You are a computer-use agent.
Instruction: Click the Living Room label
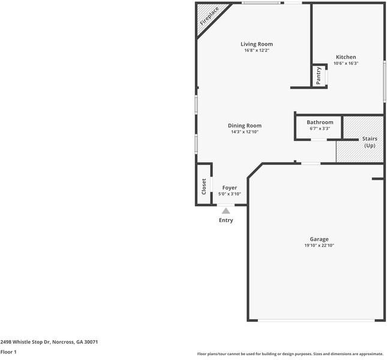[x=257, y=44]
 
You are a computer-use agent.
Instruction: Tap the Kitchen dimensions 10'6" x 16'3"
[x=346, y=63]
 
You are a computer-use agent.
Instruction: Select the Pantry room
[x=319, y=76]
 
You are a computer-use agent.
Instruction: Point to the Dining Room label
[x=245, y=125]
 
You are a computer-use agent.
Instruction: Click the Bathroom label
[x=320, y=122]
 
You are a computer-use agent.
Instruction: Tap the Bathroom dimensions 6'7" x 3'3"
[x=320, y=128]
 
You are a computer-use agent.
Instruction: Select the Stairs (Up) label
[x=370, y=142]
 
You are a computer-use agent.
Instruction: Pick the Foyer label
[x=230, y=188]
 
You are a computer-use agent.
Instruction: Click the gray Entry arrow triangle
[x=226, y=211]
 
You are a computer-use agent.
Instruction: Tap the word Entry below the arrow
[x=226, y=220]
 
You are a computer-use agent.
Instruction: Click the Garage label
[x=319, y=239]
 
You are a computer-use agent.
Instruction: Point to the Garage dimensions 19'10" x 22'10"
[x=319, y=245]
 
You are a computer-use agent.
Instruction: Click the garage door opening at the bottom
[x=316, y=320]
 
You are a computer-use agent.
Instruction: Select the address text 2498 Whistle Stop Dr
[x=25, y=342]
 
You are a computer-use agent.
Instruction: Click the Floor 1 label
[x=8, y=352]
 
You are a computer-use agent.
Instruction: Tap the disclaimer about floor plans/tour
[x=290, y=354]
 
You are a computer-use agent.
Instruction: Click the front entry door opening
[x=226, y=205]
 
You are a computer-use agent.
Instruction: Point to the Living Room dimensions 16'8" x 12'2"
[x=257, y=50]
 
